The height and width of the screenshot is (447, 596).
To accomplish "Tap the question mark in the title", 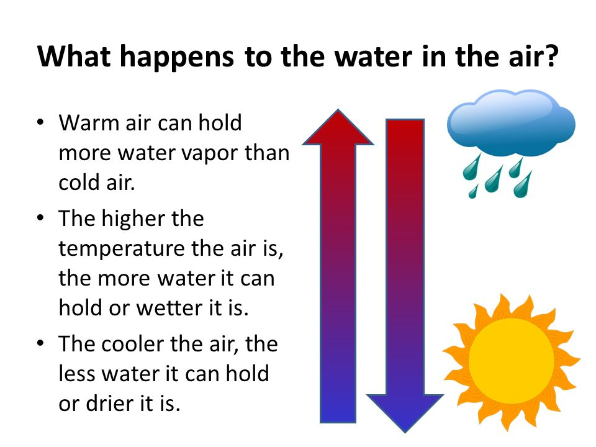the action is point(551,56).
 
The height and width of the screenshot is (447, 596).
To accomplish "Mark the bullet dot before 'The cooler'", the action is point(40,343).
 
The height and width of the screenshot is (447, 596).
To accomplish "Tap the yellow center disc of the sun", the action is point(511,361).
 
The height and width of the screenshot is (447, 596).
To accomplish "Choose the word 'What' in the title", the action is point(74,56).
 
